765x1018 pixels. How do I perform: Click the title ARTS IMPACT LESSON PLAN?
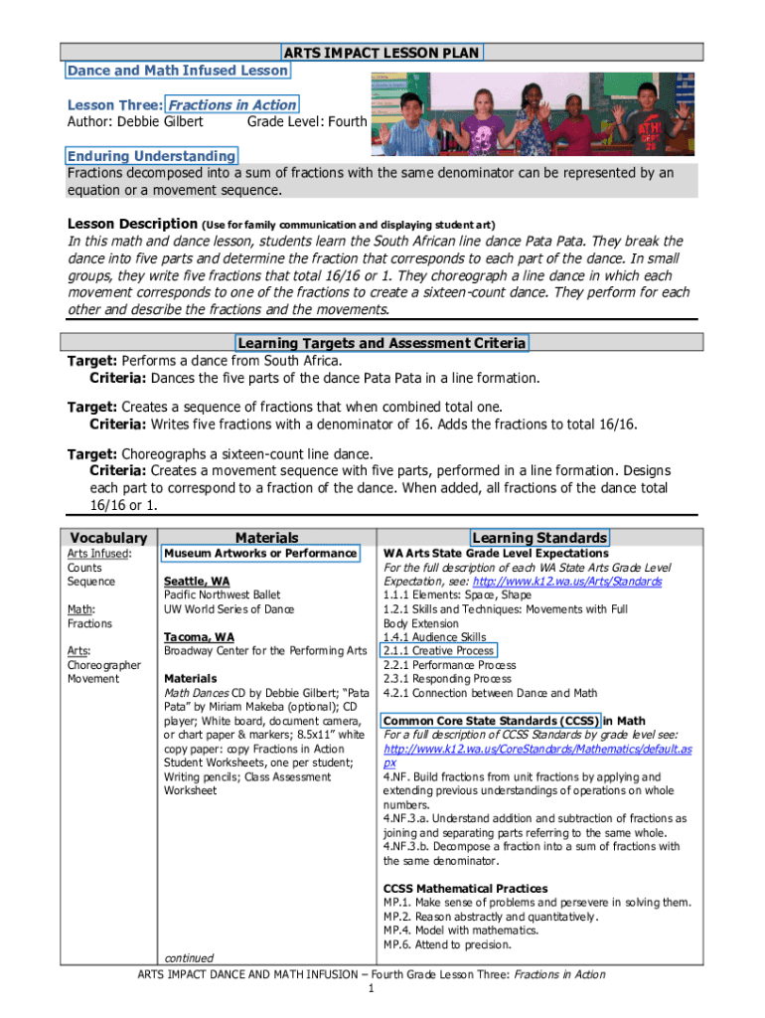coord(382,52)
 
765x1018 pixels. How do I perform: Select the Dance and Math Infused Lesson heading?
coord(178,71)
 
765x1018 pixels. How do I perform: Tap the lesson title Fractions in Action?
coord(231,104)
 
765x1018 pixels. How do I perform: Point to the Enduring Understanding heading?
coord(152,156)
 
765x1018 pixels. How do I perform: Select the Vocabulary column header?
coord(109,537)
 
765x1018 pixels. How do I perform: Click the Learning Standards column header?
coord(539,537)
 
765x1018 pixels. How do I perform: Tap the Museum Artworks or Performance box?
coord(260,553)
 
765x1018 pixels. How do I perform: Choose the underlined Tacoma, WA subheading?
coord(199,636)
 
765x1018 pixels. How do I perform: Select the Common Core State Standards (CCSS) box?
coord(490,721)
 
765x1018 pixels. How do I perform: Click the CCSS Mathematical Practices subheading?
coord(465,888)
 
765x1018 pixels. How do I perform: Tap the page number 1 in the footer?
coord(371,989)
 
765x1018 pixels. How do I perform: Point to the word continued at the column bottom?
coord(189,958)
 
